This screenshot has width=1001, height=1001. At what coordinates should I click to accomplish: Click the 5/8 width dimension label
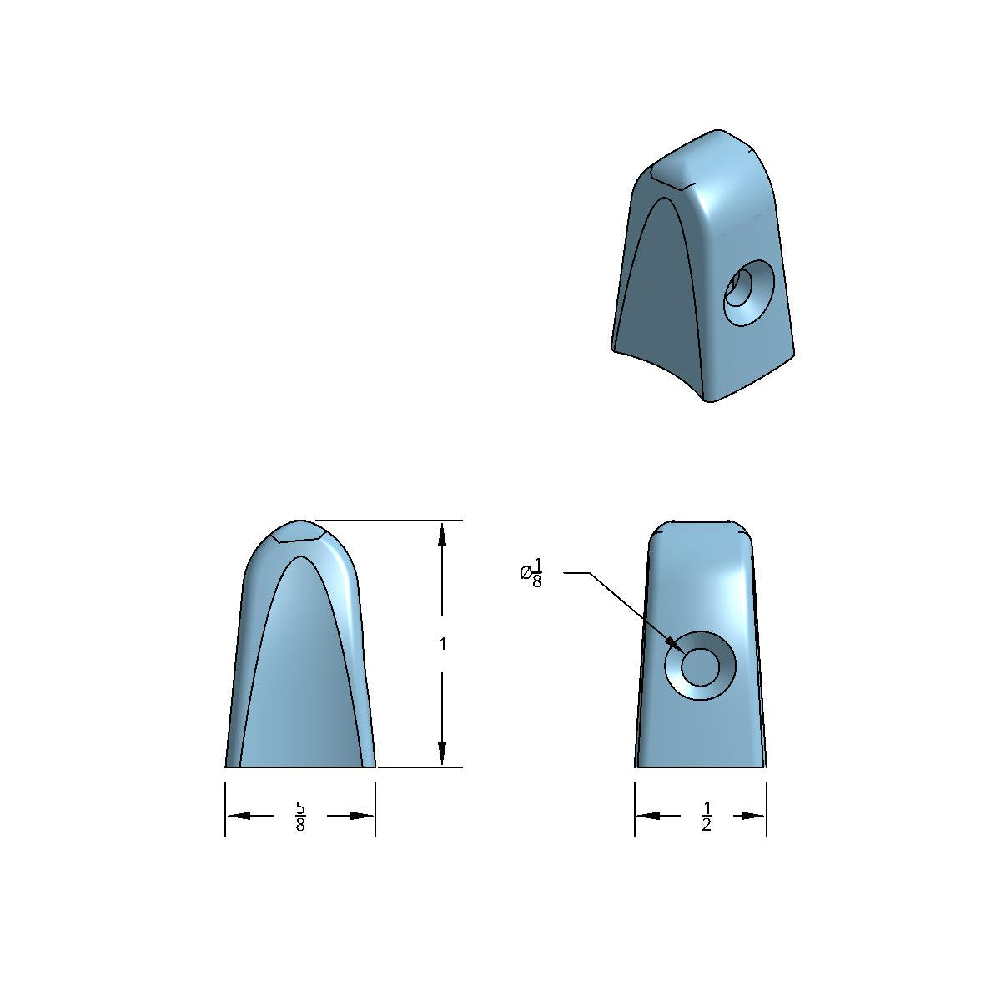[300, 816]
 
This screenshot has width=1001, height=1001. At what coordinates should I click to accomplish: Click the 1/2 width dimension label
[706, 816]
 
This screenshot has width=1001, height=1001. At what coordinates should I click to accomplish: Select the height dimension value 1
[443, 644]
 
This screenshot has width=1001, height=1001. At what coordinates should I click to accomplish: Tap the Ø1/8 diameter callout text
[531, 572]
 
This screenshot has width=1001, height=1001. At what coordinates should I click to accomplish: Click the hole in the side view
[700, 666]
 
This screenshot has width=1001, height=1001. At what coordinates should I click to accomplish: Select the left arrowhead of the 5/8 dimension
[239, 816]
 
